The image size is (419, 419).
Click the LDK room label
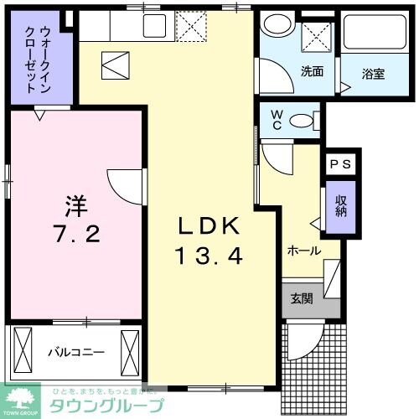[209, 225]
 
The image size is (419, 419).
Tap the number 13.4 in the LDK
[209, 256]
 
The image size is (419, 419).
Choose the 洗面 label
[312, 71]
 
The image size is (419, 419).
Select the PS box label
[341, 164]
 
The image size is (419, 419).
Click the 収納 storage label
[341, 204]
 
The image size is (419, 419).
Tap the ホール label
[303, 250]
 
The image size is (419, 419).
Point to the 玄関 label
[302, 299]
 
